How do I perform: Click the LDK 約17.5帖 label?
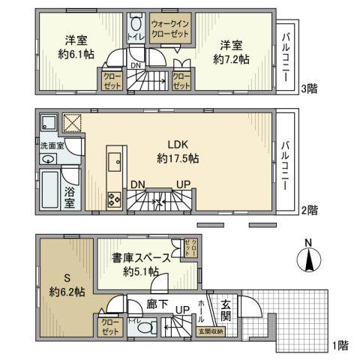[178, 150]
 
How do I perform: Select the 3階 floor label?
[307, 89]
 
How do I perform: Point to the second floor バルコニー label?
[286, 160]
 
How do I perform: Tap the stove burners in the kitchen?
[115, 199]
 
